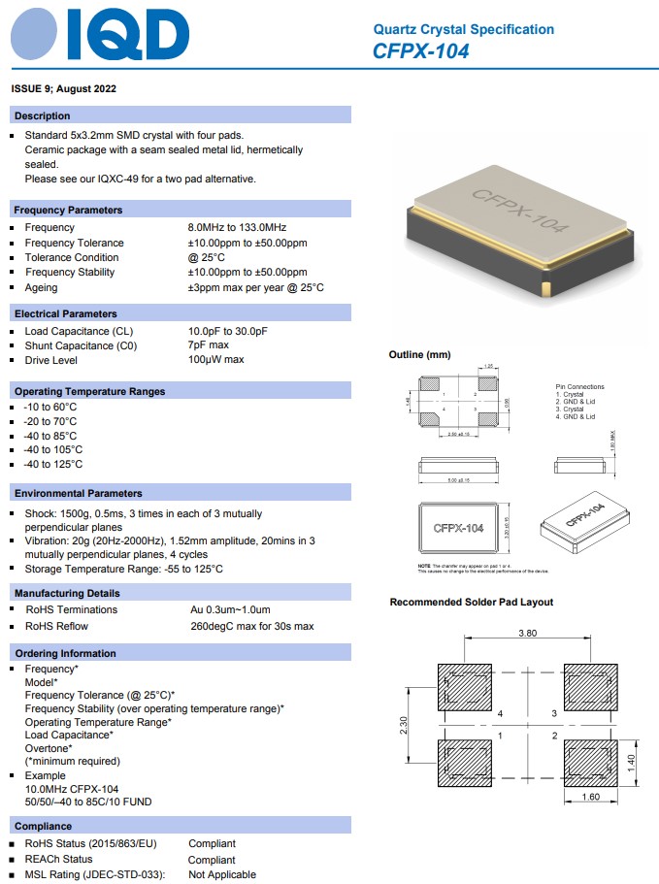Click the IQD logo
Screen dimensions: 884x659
(100, 37)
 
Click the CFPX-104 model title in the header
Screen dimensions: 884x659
(420, 51)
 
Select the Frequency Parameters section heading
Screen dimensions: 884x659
(68, 210)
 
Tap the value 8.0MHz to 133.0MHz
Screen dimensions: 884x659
(237, 227)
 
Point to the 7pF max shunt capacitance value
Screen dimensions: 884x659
(209, 345)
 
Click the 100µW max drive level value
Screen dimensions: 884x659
(216, 360)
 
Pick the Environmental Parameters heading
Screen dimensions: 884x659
(79, 493)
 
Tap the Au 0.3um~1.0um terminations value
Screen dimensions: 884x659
(231, 609)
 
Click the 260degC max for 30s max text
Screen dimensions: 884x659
(252, 626)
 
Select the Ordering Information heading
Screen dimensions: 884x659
(65, 653)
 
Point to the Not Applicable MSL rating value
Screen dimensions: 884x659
(222, 874)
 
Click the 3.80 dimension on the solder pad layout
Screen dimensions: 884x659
(527, 633)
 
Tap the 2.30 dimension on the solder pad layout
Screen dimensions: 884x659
(403, 726)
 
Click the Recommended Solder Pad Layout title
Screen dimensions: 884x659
(471, 602)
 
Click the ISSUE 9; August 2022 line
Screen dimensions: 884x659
(64, 88)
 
